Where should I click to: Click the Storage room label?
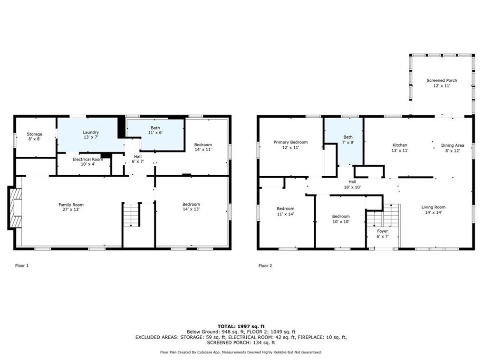(x=34, y=137)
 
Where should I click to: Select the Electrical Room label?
(x=88, y=162)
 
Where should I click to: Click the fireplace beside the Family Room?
(x=14, y=208)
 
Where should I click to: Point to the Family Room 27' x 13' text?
(x=71, y=208)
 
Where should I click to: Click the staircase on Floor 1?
(x=132, y=215)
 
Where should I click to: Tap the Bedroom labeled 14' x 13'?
(x=191, y=207)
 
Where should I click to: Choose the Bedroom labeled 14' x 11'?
(x=203, y=147)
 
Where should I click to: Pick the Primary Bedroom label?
(x=290, y=145)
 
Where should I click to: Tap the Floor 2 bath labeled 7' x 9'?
(x=348, y=140)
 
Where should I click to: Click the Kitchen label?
(x=399, y=148)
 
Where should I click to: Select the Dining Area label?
(x=453, y=148)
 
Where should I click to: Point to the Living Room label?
(x=433, y=210)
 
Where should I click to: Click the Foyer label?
(x=383, y=234)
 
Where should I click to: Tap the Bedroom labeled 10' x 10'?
(x=341, y=219)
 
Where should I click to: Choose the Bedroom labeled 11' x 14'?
(x=286, y=211)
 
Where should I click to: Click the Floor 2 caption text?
(x=265, y=266)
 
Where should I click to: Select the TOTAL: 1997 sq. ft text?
(x=241, y=326)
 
